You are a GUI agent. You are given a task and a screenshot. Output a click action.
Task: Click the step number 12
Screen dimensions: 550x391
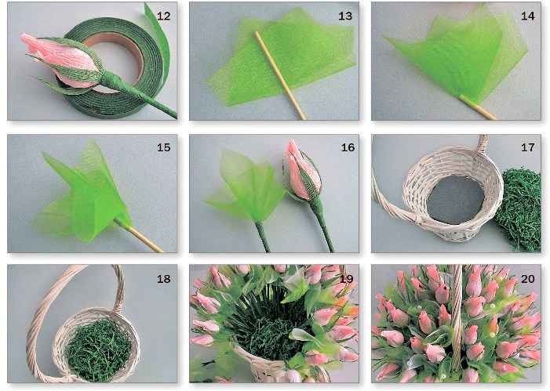(x=163, y=16)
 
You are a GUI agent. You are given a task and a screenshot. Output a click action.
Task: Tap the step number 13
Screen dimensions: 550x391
(x=345, y=16)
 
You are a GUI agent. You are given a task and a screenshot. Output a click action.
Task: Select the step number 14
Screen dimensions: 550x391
(x=527, y=16)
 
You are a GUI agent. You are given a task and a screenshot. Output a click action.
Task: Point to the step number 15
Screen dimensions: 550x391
(x=163, y=147)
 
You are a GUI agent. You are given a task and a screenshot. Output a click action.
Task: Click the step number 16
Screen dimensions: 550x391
(x=348, y=147)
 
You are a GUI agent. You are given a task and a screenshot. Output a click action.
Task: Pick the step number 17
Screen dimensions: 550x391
(x=527, y=147)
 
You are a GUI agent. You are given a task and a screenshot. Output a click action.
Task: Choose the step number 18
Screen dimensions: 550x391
(x=163, y=279)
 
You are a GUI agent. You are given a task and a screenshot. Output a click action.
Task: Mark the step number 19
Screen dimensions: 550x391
(x=347, y=279)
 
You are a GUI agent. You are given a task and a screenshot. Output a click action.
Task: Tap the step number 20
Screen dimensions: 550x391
(x=527, y=279)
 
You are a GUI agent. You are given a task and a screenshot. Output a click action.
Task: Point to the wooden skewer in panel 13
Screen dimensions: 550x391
(x=280, y=75)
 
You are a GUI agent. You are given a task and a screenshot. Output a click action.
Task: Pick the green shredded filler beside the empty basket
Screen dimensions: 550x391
(x=519, y=209)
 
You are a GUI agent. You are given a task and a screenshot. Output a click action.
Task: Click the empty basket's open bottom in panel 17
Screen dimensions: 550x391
(x=455, y=200)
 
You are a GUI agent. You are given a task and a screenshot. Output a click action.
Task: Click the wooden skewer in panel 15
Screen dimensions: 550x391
(x=140, y=236)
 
